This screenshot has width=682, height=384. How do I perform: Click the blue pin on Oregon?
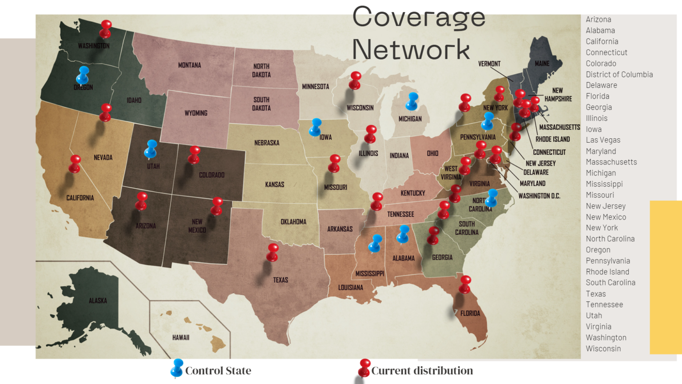(83, 74)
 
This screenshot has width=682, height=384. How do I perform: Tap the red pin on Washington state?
(106, 28)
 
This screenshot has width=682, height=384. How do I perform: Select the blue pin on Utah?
(151, 148)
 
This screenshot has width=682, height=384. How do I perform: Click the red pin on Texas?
(273, 251)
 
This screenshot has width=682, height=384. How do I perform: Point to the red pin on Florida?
(465, 283)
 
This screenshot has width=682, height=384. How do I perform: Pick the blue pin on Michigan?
(412, 100)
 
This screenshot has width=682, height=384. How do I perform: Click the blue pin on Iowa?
(316, 126)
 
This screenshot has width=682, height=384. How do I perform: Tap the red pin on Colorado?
(194, 154)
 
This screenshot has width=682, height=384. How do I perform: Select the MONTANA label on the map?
(190, 65)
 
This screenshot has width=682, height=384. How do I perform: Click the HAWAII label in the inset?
(181, 338)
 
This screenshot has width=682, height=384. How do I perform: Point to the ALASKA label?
(98, 301)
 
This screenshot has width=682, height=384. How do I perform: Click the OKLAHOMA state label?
(293, 222)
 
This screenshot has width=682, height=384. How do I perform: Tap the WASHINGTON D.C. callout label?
(539, 196)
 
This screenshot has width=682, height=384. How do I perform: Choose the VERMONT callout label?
(489, 64)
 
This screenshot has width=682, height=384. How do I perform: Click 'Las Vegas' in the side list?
(603, 140)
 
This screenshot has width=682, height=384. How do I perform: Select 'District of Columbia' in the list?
(619, 75)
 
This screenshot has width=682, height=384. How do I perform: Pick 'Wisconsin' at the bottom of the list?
(603, 349)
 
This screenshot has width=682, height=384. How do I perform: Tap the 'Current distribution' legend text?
(422, 371)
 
